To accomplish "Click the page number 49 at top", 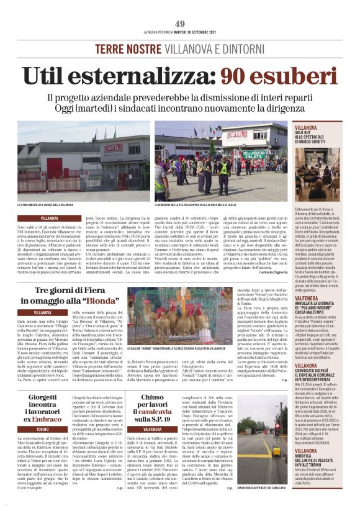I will pyautogui.click(x=180, y=24).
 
